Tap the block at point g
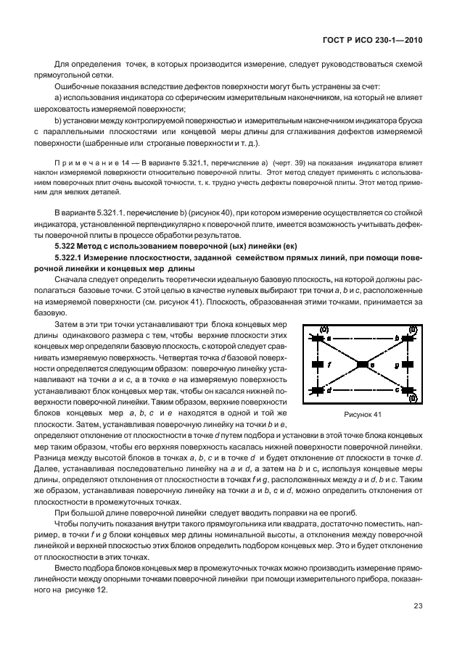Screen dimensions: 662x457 pyautogui.click(x=407, y=365)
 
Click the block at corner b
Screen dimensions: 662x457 pyautogui.click(x=407, y=338)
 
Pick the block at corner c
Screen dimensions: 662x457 pyautogui.click(x=407, y=391)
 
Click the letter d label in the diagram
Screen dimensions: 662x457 pyautogui.click(x=329, y=391)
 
